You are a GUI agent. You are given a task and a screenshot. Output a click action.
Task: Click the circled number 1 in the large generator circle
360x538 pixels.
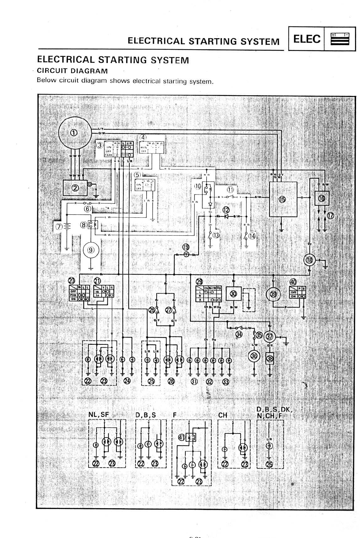74,133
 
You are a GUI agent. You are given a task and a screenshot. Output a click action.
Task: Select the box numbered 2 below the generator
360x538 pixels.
76,188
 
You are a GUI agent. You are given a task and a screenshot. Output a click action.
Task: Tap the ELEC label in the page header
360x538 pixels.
307,40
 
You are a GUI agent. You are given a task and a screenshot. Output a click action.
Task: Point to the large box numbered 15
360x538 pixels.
283,199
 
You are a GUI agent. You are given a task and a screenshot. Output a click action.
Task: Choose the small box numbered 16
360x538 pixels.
321,198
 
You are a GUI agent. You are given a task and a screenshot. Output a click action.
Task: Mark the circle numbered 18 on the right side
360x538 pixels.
309,260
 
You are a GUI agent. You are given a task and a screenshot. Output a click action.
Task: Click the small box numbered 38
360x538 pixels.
270,359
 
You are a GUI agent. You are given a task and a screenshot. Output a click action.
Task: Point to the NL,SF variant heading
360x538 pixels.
99,415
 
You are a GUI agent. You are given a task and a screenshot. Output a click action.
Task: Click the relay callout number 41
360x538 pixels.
181,438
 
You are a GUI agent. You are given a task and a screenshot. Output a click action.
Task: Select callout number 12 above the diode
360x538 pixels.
226,210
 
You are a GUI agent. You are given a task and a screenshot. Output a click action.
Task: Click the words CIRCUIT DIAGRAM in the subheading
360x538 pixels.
72,71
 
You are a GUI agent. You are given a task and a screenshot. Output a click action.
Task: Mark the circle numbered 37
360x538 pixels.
270,337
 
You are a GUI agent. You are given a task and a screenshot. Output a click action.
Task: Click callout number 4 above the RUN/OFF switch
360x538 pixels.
144,137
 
